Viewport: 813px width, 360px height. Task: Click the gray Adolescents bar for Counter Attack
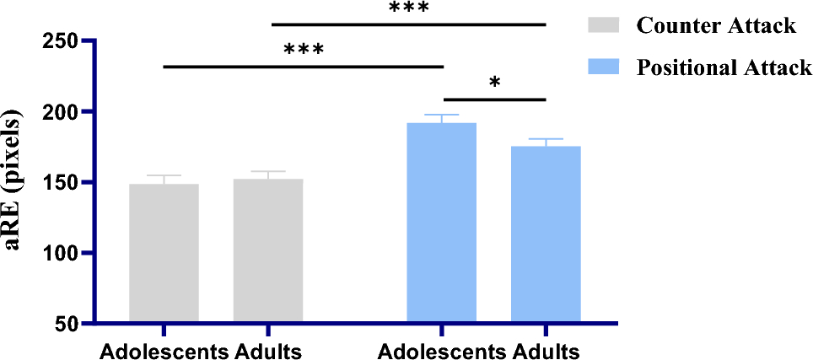(x=164, y=253)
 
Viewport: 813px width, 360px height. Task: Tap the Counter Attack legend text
(x=715, y=26)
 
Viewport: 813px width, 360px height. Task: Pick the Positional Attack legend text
(x=724, y=67)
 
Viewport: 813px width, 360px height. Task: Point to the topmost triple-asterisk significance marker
(x=409, y=8)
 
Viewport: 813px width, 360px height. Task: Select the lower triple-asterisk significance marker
(x=304, y=49)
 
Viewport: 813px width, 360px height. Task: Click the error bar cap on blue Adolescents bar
(x=442, y=115)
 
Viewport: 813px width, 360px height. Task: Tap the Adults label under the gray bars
(x=268, y=350)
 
